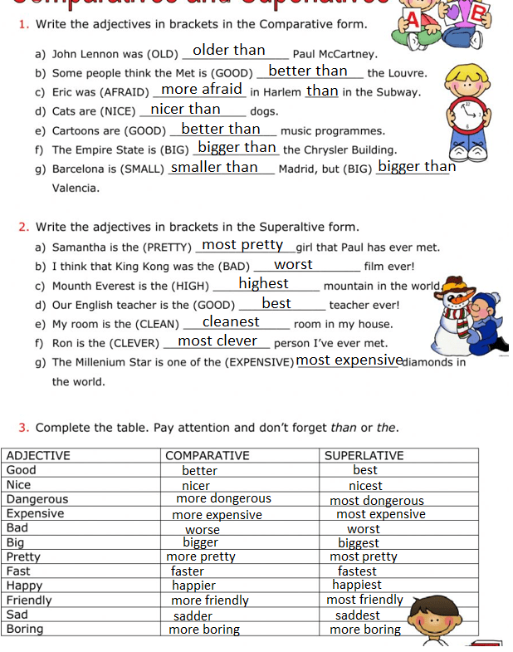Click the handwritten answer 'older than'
click(x=229, y=51)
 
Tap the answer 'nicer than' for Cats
click(x=186, y=110)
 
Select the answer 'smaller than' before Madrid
click(x=214, y=167)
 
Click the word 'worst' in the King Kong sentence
click(x=293, y=265)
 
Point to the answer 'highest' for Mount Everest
click(x=263, y=284)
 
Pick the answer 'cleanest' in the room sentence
click(x=231, y=321)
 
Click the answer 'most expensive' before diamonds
click(x=349, y=360)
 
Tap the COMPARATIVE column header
click(x=208, y=455)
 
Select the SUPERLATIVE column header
click(x=364, y=455)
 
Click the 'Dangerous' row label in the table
click(x=37, y=499)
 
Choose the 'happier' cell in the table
click(x=193, y=585)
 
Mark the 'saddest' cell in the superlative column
click(x=358, y=615)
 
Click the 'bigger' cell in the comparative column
click(x=200, y=542)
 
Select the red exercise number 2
click(x=23, y=227)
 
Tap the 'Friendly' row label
click(x=29, y=600)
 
